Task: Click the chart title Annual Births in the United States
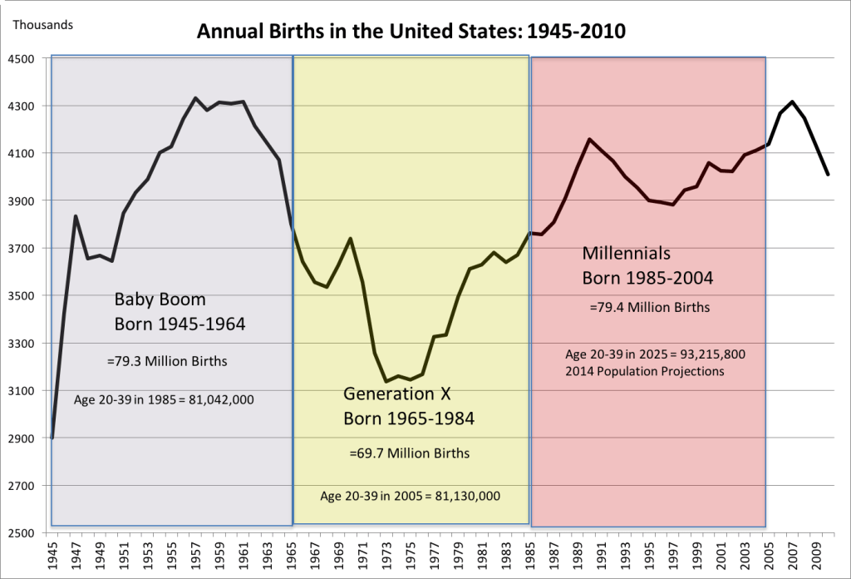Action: click(411, 32)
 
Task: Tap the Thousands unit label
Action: click(42, 24)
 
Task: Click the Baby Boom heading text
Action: click(160, 299)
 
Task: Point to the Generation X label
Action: click(397, 393)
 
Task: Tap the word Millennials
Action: click(627, 252)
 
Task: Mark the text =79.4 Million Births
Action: click(649, 307)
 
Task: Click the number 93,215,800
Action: click(711, 354)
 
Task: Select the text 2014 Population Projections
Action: click(645, 371)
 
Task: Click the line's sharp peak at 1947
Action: click(76, 216)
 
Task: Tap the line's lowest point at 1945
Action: click(52, 438)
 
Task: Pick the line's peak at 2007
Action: click(793, 101)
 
